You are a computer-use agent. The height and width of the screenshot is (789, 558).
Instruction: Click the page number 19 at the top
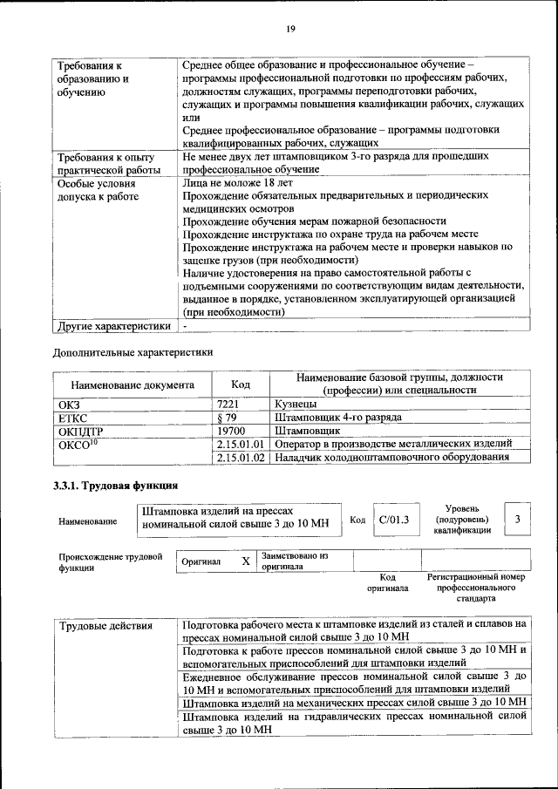[x=290, y=30]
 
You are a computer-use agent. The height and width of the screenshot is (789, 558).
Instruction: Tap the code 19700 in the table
[x=230, y=431]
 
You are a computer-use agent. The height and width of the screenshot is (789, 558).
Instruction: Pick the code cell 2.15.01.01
[x=240, y=444]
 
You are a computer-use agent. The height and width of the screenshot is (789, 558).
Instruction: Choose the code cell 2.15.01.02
[x=240, y=457]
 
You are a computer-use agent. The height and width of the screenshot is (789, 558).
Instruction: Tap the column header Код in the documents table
[x=240, y=384]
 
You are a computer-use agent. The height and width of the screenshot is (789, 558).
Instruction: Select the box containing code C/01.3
[x=395, y=519]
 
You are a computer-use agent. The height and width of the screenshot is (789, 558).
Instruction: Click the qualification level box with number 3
[x=518, y=519]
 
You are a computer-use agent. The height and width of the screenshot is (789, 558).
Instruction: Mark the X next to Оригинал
[x=245, y=561]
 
